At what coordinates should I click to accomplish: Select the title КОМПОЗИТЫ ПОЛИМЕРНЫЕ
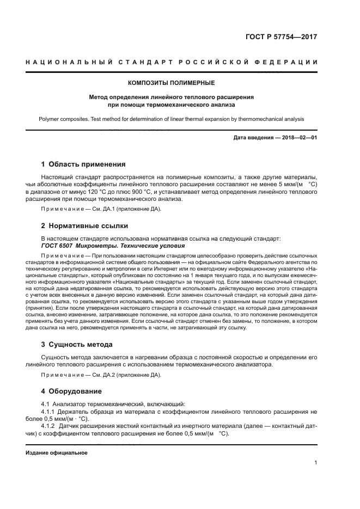coord(171,83)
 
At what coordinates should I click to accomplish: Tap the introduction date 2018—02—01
coord(300,137)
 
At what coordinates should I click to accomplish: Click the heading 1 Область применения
coord(83,164)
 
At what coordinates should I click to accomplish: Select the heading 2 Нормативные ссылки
coord(85,225)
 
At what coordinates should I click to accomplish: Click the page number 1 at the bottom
coord(316,463)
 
